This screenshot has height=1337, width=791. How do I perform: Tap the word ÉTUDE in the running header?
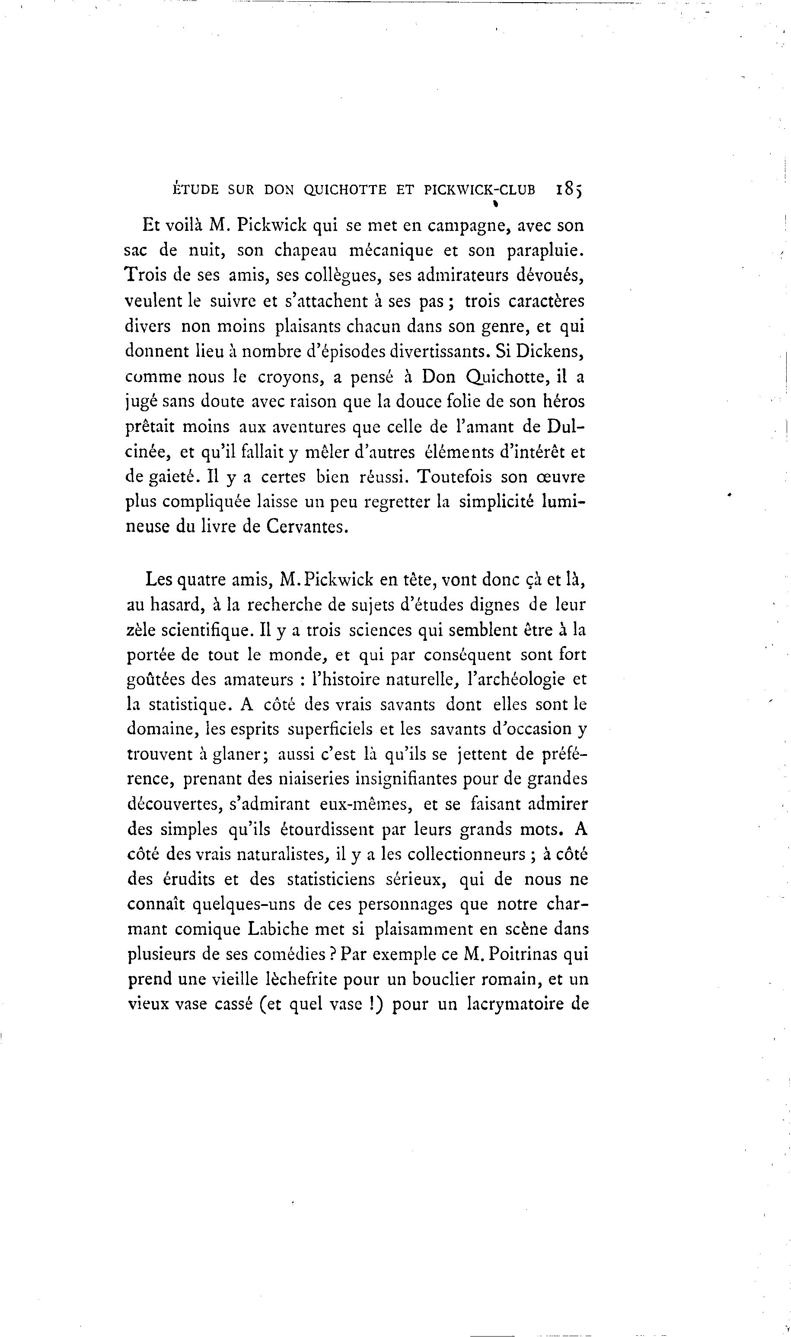[196, 190]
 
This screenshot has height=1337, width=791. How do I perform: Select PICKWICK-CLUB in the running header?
[479, 190]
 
